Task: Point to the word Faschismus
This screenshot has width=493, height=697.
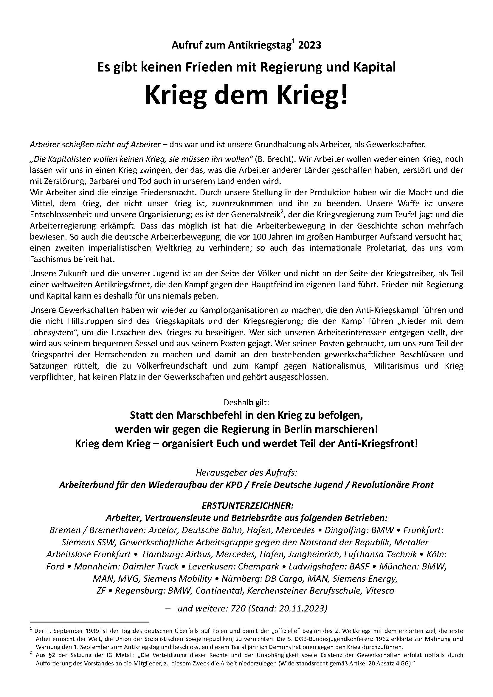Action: point(52,260)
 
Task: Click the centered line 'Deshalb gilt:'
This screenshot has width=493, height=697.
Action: point(246,403)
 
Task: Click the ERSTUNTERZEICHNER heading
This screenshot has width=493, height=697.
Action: point(246,506)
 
